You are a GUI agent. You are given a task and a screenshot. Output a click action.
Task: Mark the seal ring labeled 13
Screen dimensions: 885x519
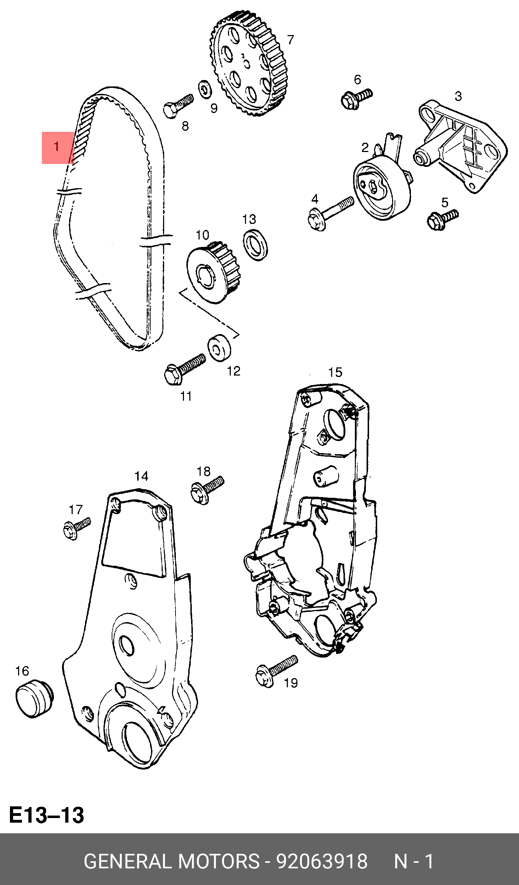coord(255,245)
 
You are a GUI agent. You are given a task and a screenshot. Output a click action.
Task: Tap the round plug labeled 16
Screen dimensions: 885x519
coord(34,698)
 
